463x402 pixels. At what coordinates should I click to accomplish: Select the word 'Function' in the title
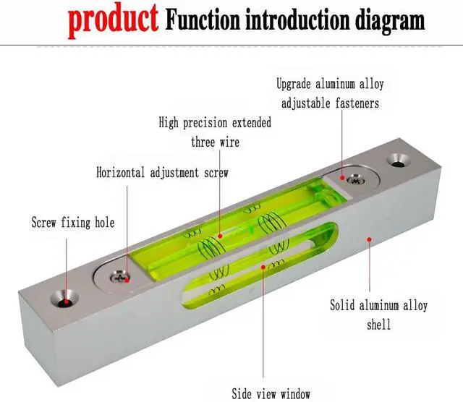[203, 20]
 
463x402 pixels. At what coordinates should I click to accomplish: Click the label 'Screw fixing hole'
[73, 222]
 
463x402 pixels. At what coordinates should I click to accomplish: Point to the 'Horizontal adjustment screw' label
[162, 172]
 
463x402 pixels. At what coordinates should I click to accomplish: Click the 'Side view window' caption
[271, 393]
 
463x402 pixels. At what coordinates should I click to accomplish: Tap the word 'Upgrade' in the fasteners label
[294, 84]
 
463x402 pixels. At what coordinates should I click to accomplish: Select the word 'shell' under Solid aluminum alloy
[378, 325]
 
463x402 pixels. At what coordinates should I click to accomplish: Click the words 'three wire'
[215, 142]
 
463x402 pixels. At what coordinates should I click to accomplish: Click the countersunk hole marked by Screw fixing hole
[64, 299]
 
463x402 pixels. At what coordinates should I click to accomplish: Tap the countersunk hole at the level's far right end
[399, 161]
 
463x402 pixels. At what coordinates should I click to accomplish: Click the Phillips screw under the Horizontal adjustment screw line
[119, 277]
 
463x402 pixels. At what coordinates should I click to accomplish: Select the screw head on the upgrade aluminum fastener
[355, 179]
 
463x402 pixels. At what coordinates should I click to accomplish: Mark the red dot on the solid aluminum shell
[369, 239]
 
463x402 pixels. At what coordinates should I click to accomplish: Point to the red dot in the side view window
[263, 267]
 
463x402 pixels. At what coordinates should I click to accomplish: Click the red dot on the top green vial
[220, 236]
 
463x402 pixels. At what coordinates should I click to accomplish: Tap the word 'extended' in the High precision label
[251, 122]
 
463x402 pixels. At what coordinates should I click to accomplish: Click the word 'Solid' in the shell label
[342, 305]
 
